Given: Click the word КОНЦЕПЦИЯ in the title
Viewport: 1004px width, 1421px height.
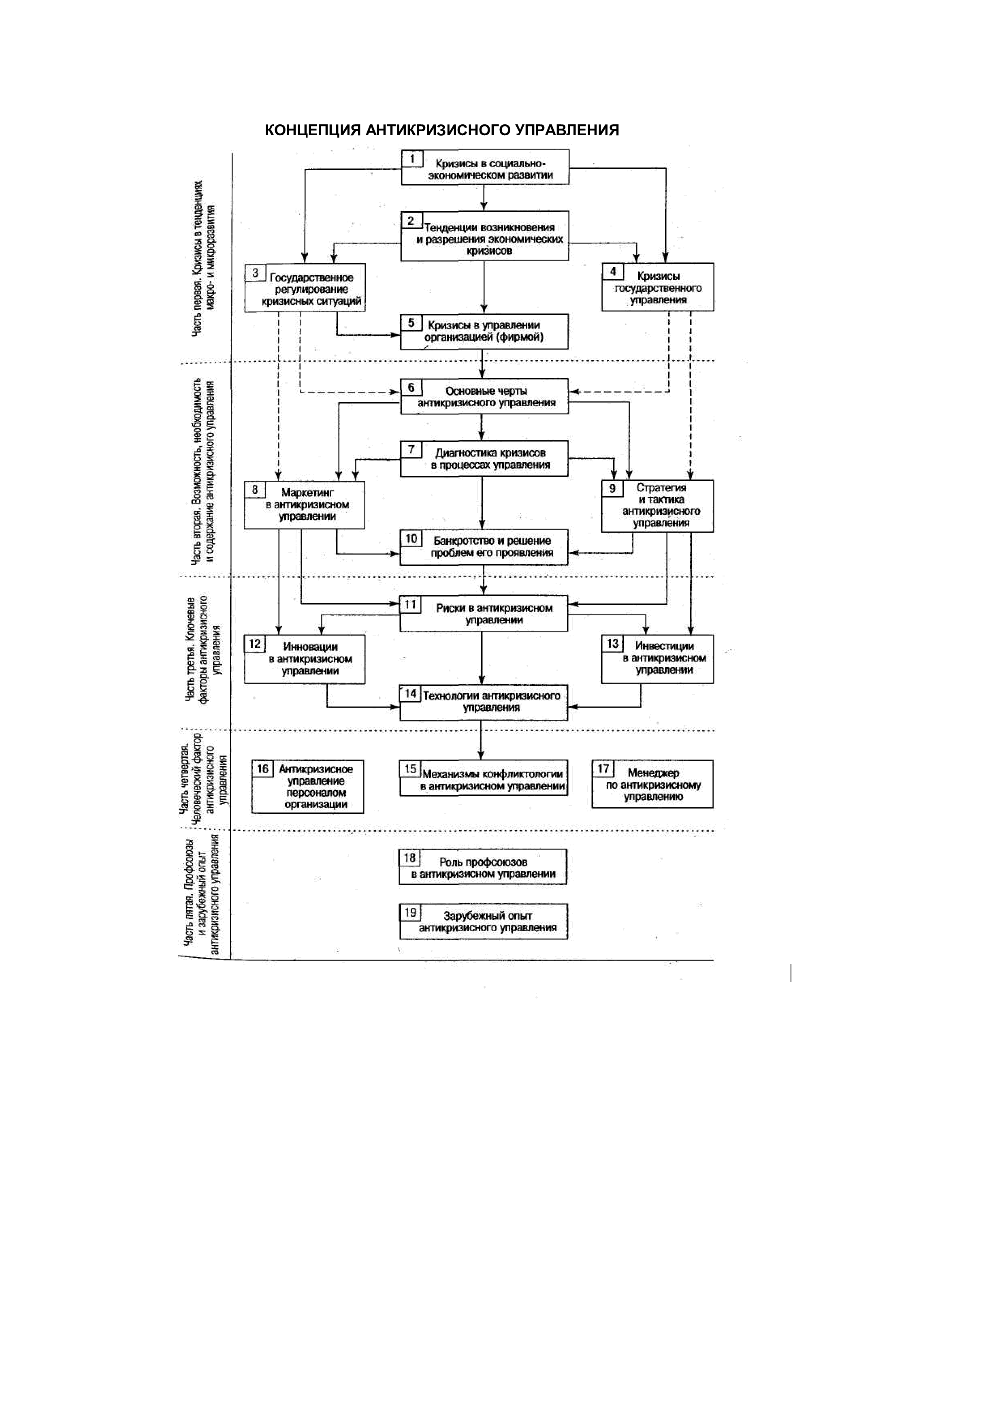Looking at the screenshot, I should [x=312, y=130].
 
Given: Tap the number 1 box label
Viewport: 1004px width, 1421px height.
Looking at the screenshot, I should [x=412, y=160].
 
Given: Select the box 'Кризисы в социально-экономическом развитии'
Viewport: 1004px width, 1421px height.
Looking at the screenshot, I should [x=485, y=168].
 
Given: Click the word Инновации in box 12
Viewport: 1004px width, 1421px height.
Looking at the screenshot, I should [x=311, y=647].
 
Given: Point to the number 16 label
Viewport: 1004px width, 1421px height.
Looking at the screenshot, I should [x=263, y=769].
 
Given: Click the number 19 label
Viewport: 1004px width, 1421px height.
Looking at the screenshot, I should [x=411, y=912].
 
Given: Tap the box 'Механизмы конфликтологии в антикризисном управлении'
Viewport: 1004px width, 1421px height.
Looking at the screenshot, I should [x=484, y=779].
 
